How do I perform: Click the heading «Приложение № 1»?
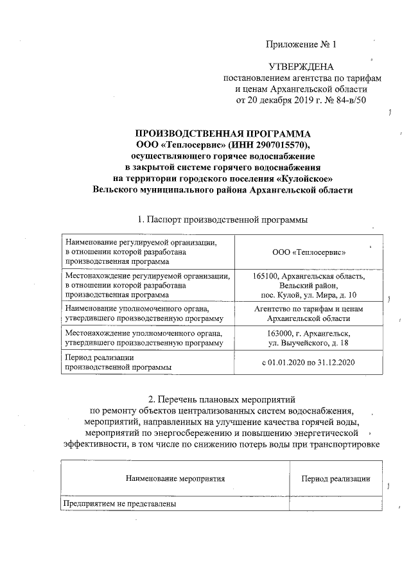pos(301,44)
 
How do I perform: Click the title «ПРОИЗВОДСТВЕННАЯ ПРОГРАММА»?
pos(222,134)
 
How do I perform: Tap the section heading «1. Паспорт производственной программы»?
pos(222,220)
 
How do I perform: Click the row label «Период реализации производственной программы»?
pos(116,362)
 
